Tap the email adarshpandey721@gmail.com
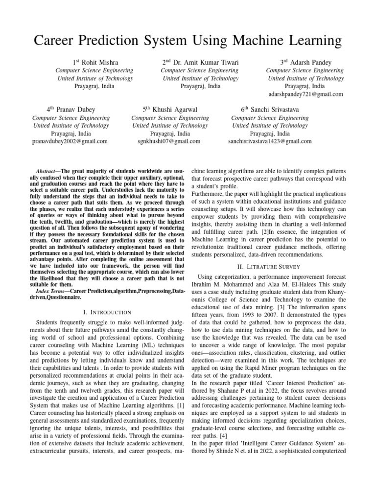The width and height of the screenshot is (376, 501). pyautogui.click(x=306, y=94)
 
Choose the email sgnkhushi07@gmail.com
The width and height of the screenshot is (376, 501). pyautogui.click(x=169, y=141)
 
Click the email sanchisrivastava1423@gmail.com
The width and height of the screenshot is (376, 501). pyautogui.click(x=270, y=141)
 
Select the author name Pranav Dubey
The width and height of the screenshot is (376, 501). pyautogui.click(x=76, y=110)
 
